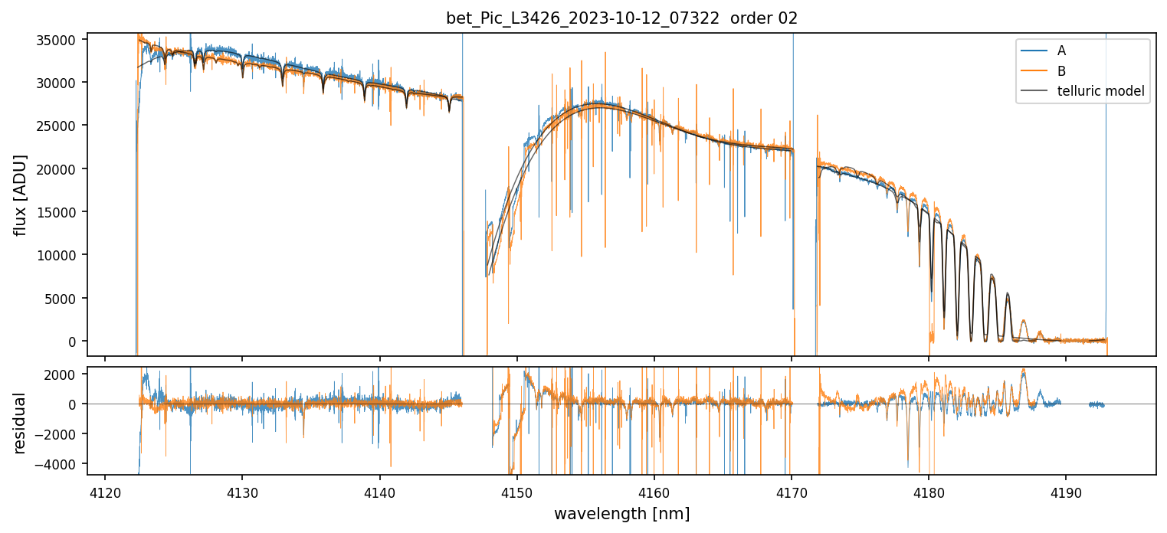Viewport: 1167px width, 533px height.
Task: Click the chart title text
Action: point(621,18)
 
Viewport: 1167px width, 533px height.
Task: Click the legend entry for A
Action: point(1061,51)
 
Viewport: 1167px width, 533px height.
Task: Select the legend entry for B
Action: point(1061,71)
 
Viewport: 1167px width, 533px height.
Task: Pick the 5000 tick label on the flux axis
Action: point(65,299)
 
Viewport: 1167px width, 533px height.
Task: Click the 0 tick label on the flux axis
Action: point(74,342)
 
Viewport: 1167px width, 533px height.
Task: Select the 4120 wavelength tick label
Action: point(105,490)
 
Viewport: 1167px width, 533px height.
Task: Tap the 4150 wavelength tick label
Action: point(516,490)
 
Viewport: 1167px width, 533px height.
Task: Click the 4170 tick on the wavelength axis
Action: point(792,490)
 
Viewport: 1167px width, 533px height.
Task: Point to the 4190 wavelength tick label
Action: point(1066,490)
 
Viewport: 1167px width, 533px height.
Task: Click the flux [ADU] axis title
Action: point(21,195)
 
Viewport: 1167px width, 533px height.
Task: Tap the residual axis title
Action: point(21,423)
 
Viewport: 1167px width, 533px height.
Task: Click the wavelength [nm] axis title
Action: point(621,513)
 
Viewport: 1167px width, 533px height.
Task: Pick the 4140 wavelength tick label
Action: point(379,490)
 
